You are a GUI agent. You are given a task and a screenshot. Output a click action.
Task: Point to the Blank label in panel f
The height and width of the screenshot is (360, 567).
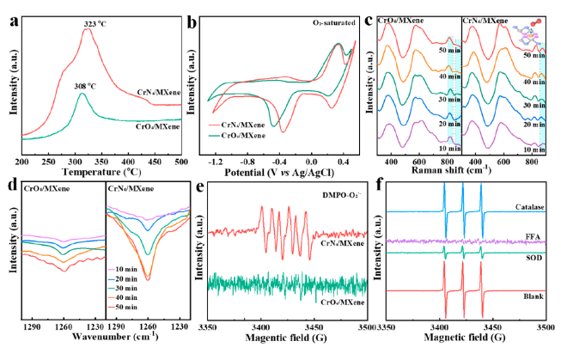pyautogui.click(x=529, y=296)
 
